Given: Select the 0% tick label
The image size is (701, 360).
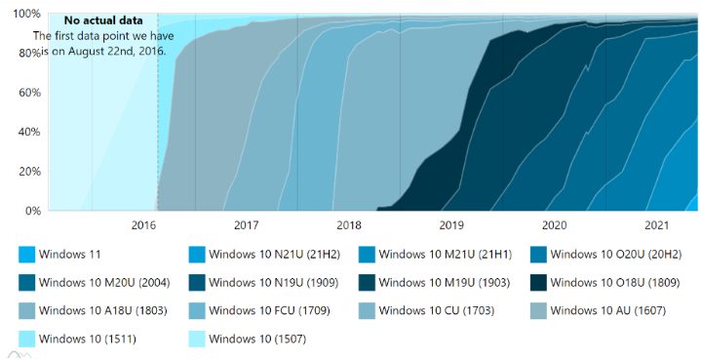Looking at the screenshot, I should click(31, 211).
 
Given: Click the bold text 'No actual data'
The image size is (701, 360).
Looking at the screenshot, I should click(103, 20).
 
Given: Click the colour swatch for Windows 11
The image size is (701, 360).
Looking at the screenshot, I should click(27, 255).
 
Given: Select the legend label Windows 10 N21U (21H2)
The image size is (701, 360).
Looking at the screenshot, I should click(276, 255).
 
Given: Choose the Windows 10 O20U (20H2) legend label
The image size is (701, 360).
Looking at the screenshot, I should click(616, 255).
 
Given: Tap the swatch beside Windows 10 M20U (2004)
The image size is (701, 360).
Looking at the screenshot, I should click(27, 283).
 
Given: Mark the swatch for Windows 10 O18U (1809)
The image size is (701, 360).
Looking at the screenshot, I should click(537, 283).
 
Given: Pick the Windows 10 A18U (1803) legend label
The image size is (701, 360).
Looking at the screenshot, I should click(104, 311).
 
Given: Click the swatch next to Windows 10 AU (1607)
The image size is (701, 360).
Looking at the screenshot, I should click(537, 311).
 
